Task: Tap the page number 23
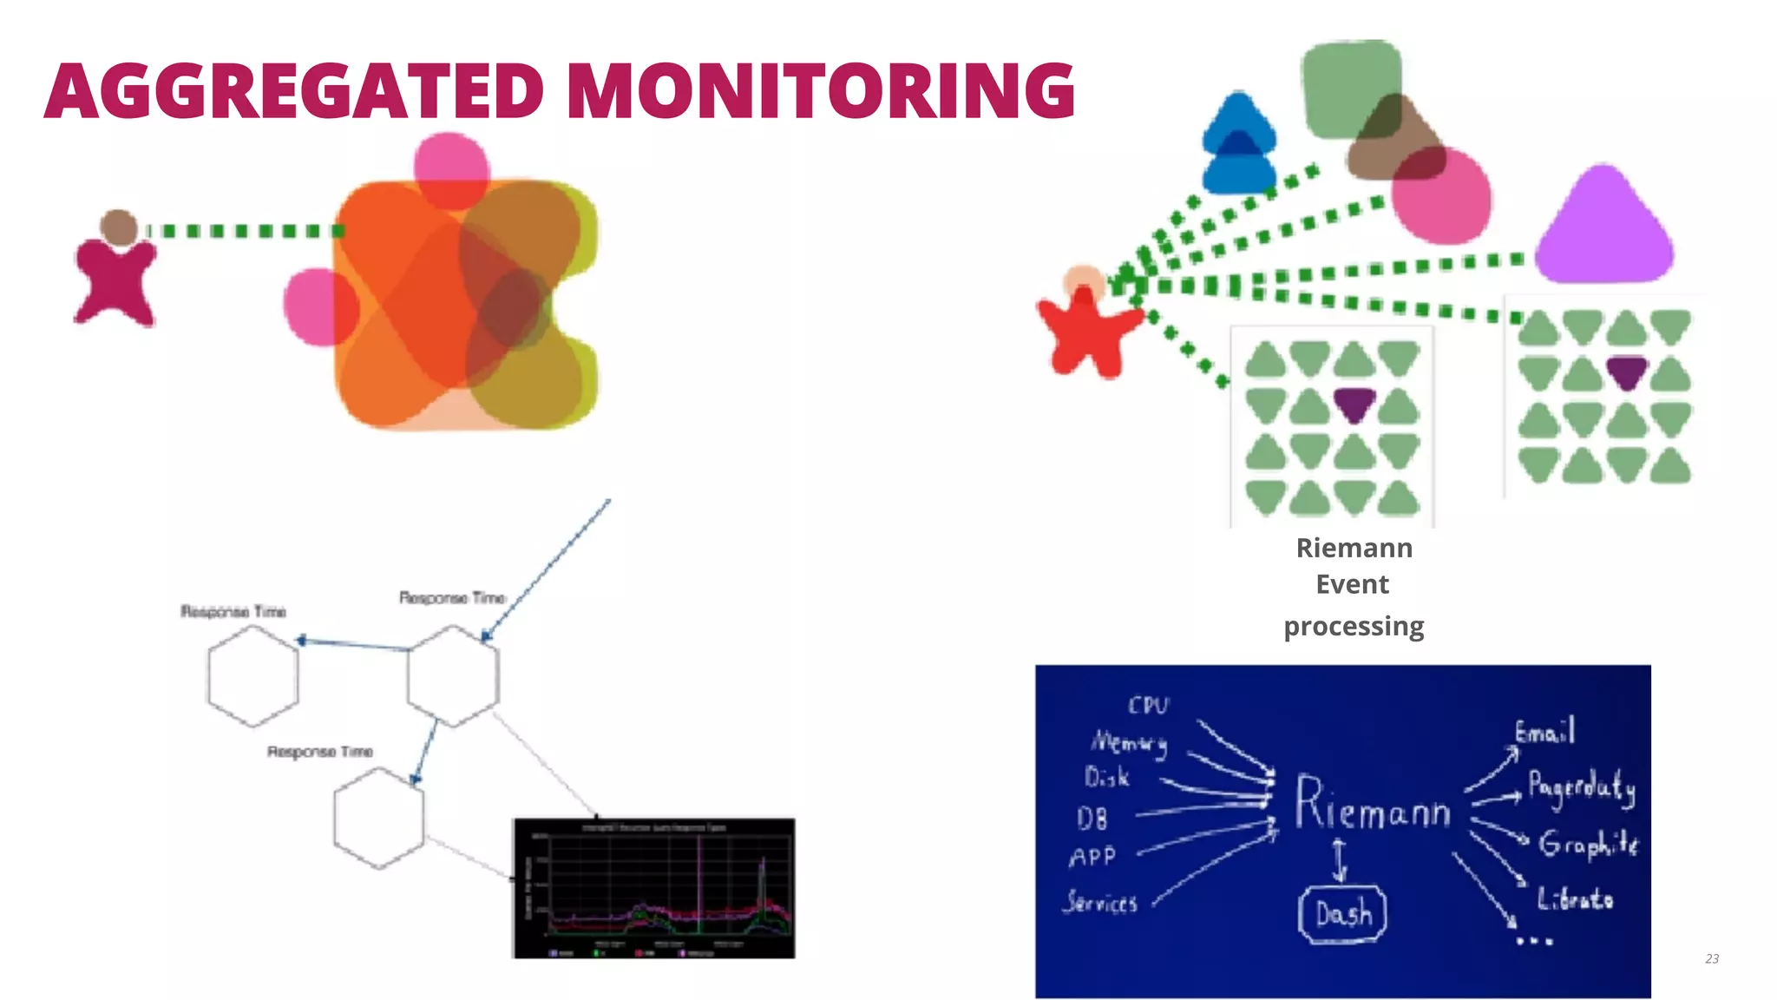[x=1711, y=958]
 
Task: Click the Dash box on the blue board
[x=1342, y=913]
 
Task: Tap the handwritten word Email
[x=1544, y=732]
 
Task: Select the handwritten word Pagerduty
[x=1581, y=786]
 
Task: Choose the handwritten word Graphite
[x=1588, y=844]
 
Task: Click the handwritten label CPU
[x=1148, y=705]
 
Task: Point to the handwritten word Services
[x=1100, y=903]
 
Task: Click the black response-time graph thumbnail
[x=654, y=887]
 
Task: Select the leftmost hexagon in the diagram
[x=252, y=675]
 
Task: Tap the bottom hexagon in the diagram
[x=379, y=818]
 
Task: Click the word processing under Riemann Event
[x=1354, y=626]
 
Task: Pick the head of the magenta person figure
[x=119, y=227]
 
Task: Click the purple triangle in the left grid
[x=1354, y=404]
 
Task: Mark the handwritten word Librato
[x=1575, y=898]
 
